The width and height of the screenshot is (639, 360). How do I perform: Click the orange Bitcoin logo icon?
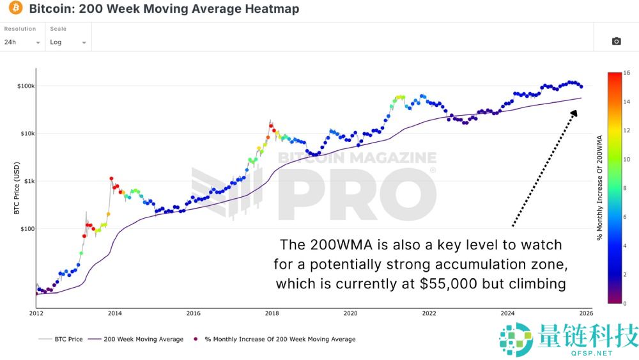pos(13,9)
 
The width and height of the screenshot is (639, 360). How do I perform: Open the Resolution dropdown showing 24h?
pos(22,42)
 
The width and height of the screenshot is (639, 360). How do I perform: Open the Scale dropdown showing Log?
pos(68,42)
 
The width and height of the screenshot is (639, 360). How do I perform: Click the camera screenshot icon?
pos(616,41)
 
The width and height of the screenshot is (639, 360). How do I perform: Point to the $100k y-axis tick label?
pos(26,86)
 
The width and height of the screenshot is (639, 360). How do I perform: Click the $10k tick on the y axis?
pos(27,134)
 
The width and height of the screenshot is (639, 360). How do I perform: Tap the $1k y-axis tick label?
pos(28,181)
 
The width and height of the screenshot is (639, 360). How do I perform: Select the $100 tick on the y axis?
pos(27,228)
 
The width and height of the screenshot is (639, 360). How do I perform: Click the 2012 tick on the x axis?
pos(36,313)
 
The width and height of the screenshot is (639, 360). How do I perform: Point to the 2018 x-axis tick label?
pos(272,313)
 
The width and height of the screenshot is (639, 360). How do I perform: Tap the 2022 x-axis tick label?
pos(429,313)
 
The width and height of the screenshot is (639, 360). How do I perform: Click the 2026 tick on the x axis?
pos(586,313)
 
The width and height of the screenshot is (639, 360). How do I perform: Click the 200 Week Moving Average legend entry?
pos(137,339)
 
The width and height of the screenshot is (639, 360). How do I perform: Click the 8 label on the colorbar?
pos(627,188)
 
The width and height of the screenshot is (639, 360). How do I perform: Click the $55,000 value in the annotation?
pos(448,283)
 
